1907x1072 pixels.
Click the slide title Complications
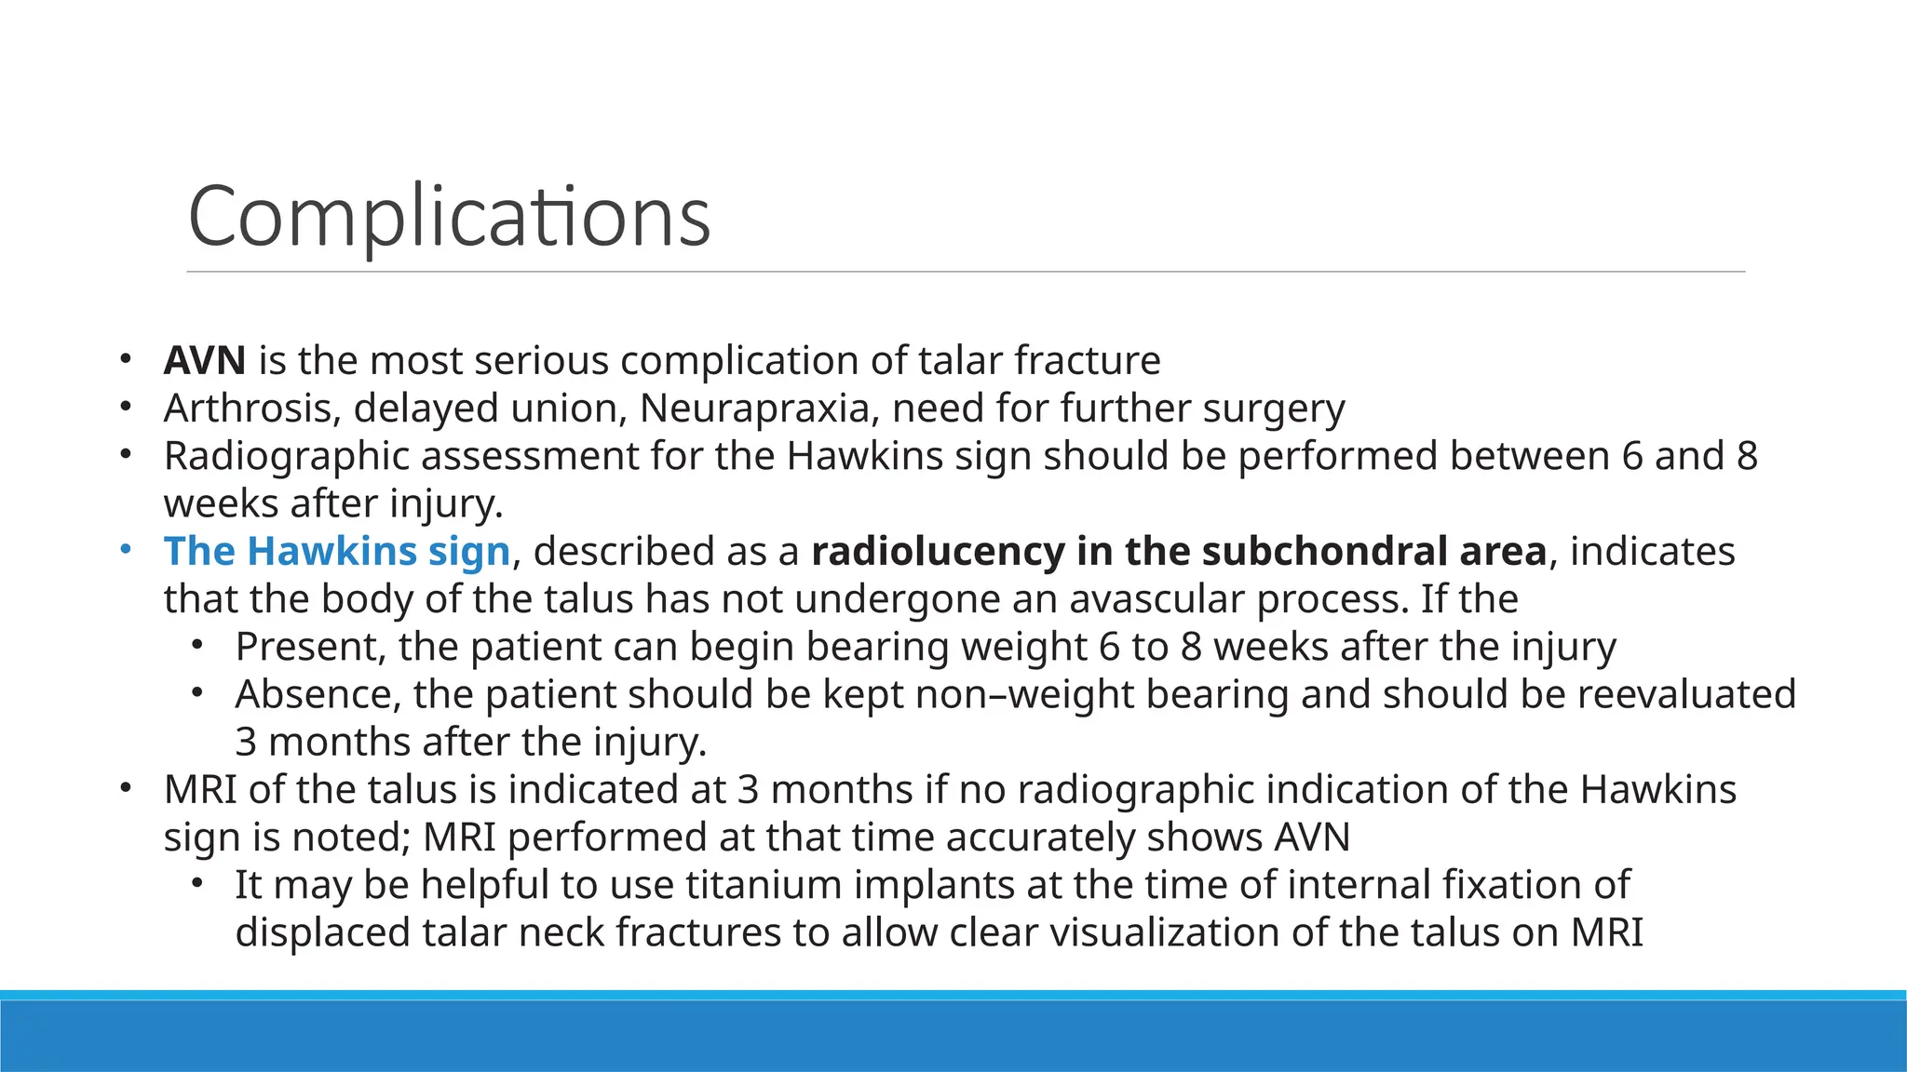[449, 216]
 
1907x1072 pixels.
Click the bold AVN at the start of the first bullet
[205, 360]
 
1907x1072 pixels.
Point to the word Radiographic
[286, 456]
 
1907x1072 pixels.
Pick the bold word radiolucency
[938, 551]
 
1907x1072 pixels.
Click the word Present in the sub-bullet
[310, 647]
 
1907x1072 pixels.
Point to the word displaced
[322, 932]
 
